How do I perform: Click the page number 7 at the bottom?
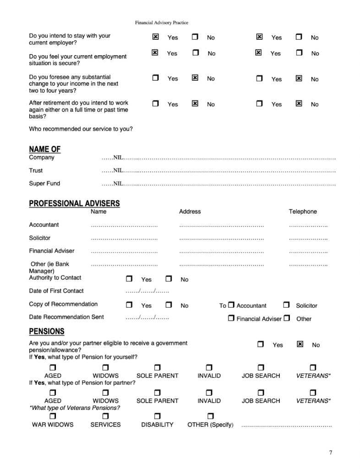tap(331, 453)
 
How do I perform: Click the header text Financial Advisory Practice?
tap(162, 22)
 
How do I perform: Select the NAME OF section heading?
tap(44, 149)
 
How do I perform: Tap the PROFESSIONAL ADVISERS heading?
tap(74, 203)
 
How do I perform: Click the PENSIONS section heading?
tap(46, 331)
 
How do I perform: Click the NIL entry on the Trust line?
tap(118, 170)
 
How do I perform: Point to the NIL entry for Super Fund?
tap(118, 184)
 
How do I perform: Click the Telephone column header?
tap(302, 212)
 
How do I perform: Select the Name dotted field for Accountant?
tap(124, 226)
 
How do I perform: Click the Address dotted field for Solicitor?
tap(221, 239)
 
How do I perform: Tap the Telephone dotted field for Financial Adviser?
tap(308, 252)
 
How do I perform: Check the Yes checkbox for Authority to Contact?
tap(129, 278)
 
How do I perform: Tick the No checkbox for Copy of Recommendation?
tap(169, 305)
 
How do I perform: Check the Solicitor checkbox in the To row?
tap(286, 305)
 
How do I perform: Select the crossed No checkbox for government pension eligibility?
tap(300, 344)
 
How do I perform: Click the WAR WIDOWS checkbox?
tap(52, 415)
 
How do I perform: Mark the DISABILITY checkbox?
tap(157, 415)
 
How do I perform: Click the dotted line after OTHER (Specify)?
tap(286, 426)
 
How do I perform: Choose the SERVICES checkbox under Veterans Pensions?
tap(105, 415)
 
